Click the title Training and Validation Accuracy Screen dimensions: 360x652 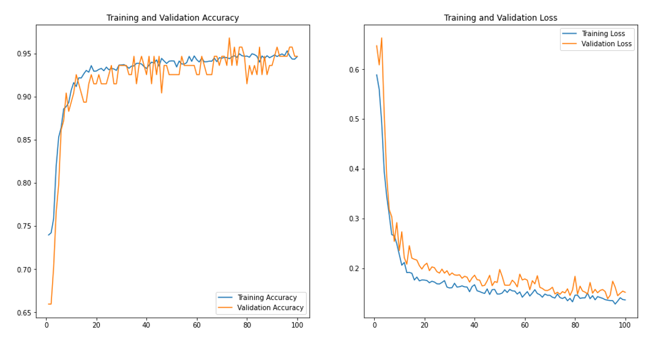[x=173, y=18]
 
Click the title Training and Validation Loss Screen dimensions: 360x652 [x=500, y=18]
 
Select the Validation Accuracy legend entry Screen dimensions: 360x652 [x=270, y=308]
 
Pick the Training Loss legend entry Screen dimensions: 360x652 [x=603, y=34]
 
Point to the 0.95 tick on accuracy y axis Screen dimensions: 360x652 [x=23, y=54]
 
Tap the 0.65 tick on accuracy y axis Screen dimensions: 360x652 [x=23, y=313]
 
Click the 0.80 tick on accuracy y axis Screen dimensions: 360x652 [x=23, y=183]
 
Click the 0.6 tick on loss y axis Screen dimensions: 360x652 [x=354, y=70]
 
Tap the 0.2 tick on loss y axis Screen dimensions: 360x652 [x=354, y=269]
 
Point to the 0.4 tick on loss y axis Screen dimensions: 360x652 [x=354, y=169]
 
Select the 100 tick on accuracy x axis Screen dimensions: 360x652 [x=297, y=325]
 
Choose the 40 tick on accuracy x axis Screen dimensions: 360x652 [x=146, y=325]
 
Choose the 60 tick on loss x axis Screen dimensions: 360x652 [x=525, y=325]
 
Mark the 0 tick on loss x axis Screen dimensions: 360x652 [x=374, y=325]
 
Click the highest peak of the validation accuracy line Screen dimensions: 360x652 [x=229, y=38]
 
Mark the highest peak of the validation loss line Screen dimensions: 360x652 [x=381, y=38]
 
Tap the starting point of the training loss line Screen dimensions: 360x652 [x=377, y=75]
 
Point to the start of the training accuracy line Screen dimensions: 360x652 [x=48, y=235]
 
